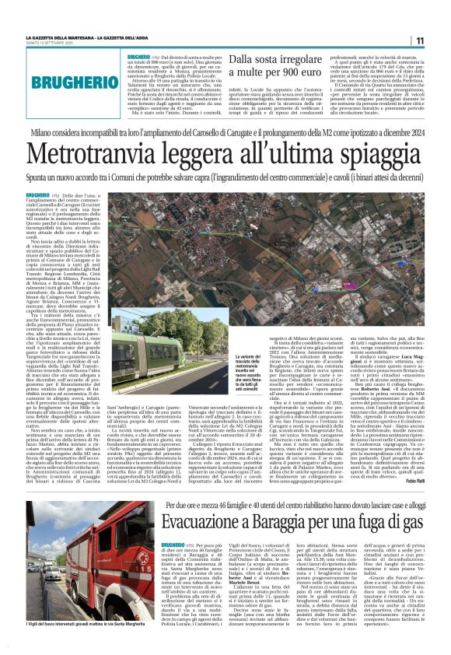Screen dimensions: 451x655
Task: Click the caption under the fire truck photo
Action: point(78,624)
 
